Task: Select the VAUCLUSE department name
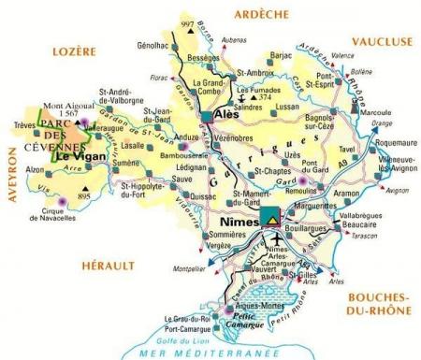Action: point(381,41)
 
